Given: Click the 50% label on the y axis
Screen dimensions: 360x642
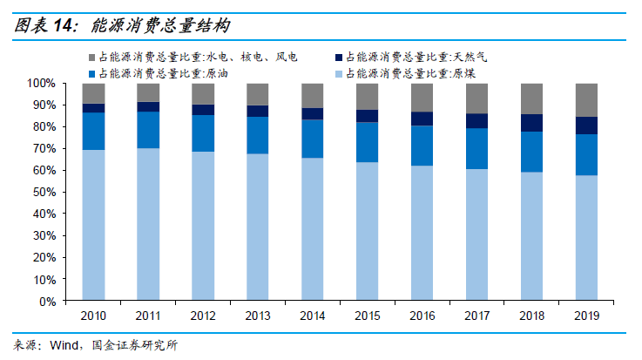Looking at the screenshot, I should (44, 193).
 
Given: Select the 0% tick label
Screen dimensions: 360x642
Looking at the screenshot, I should (47, 302).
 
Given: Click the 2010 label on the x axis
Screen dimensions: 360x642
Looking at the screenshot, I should (93, 315).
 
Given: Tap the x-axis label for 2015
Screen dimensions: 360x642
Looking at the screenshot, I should (367, 315).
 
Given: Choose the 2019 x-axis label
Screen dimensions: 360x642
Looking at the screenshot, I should (586, 315).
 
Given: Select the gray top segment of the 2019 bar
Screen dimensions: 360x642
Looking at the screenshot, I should (586, 99).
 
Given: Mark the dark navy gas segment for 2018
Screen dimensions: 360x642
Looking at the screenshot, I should (531, 123).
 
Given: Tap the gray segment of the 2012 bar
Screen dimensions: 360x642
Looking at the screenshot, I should (203, 93).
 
